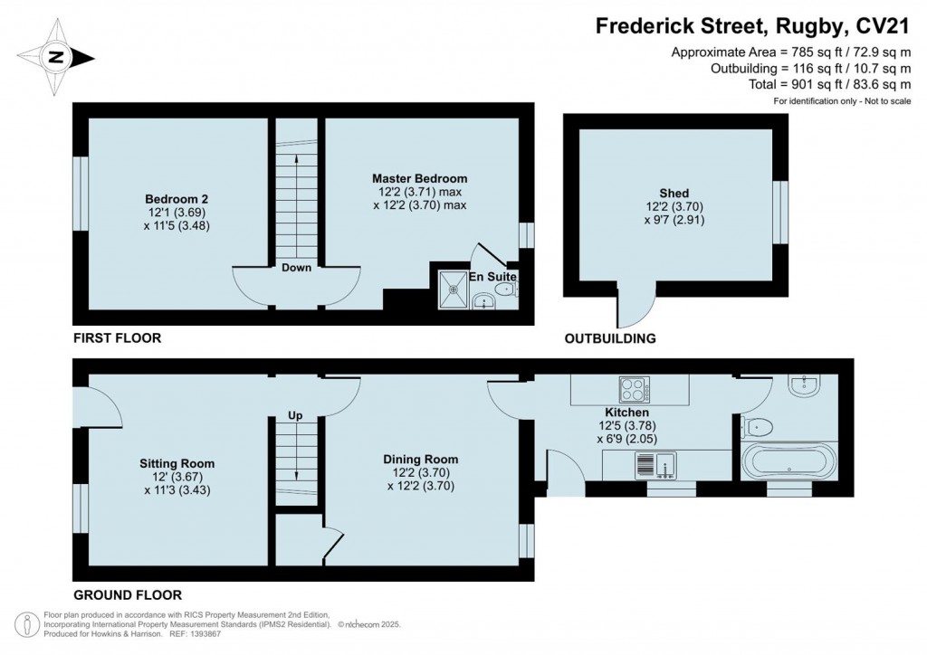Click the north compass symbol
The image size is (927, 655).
point(57,57)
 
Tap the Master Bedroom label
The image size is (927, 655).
point(419,178)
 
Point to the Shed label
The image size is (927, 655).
point(674,194)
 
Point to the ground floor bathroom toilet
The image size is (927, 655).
point(756,426)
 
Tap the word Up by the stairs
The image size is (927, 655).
point(295,416)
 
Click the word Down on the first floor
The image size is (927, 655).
point(296,268)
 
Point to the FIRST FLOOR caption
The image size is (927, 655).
point(117,338)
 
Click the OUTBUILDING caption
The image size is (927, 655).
point(610,339)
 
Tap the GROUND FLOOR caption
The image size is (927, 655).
point(128,594)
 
